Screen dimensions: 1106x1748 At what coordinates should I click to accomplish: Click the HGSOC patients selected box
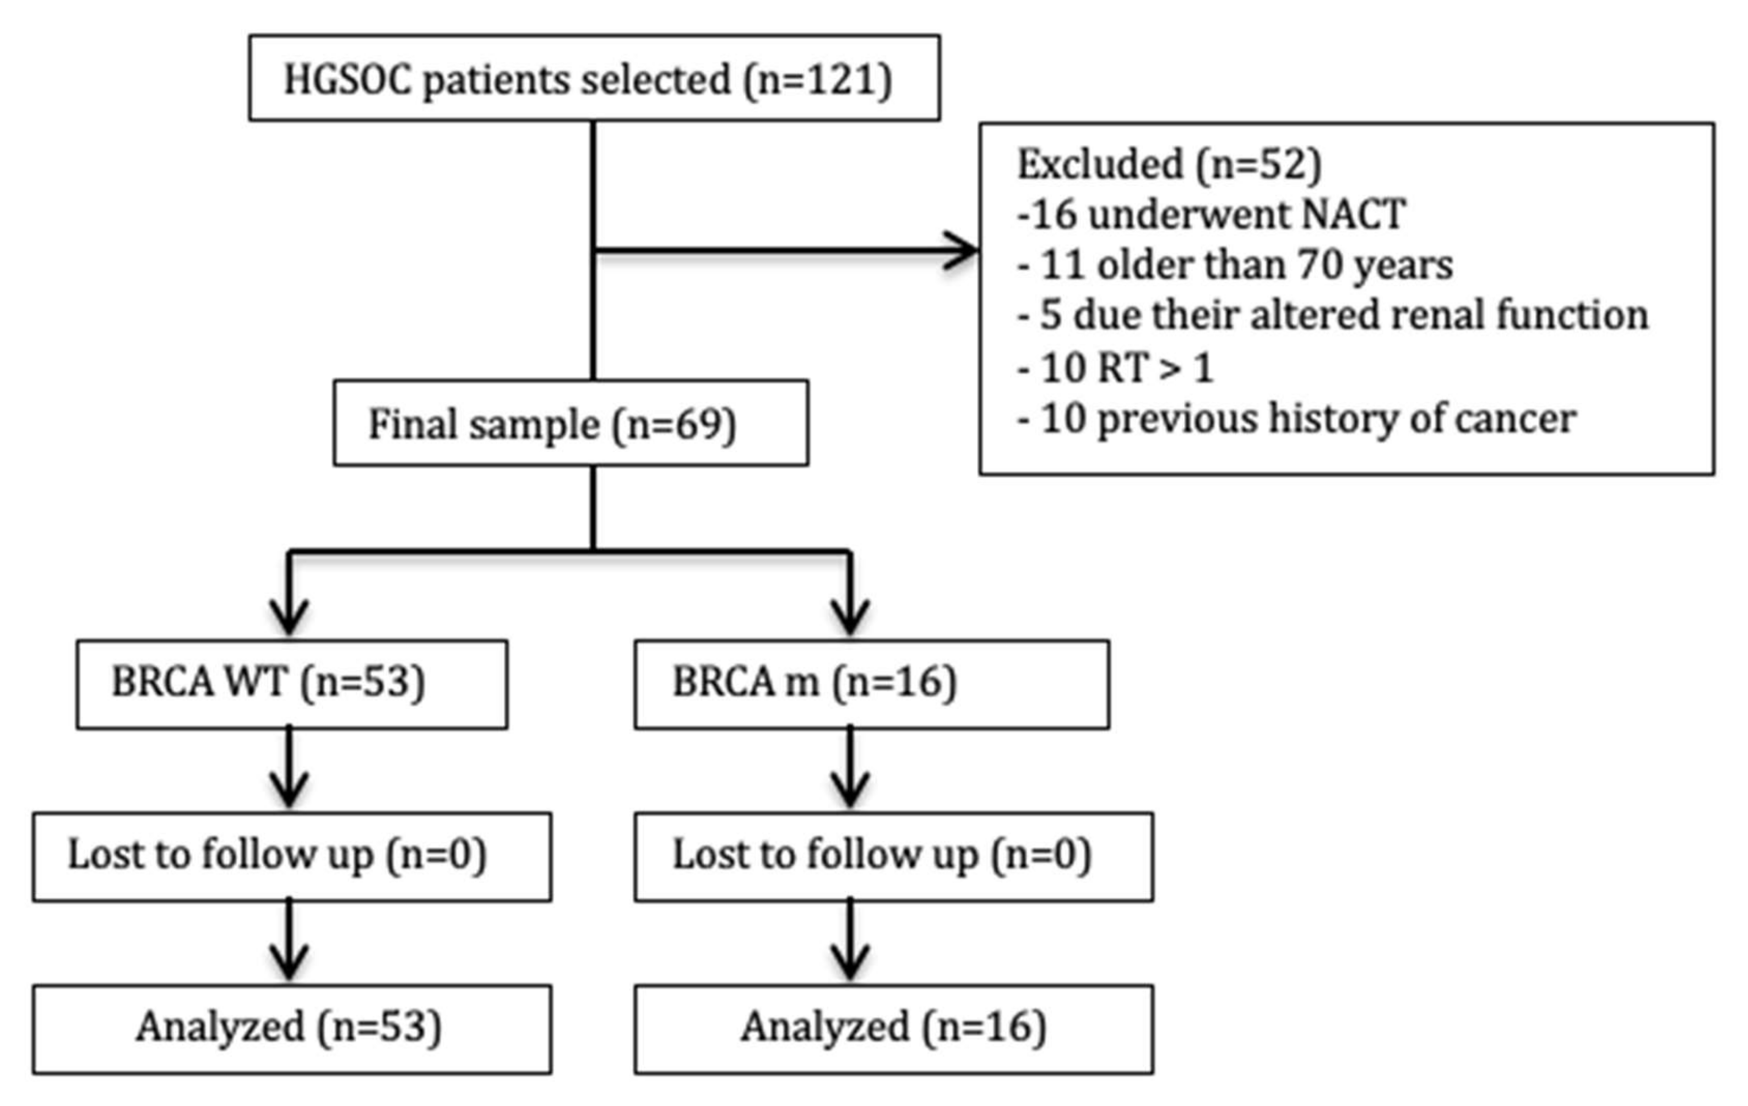pyautogui.click(x=594, y=78)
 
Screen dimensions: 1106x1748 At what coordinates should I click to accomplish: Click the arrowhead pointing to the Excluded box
pyautogui.click(x=962, y=251)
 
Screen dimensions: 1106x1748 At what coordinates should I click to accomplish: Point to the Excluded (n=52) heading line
pyautogui.click(x=1169, y=164)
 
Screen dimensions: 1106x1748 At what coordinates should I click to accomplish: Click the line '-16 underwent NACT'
pyautogui.click(x=1211, y=215)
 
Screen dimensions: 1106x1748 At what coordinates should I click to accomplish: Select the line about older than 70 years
pyautogui.click(x=1235, y=265)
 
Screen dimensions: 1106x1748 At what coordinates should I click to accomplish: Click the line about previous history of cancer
pyautogui.click(x=1296, y=419)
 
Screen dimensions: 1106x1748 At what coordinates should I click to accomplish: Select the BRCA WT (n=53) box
pyautogui.click(x=292, y=684)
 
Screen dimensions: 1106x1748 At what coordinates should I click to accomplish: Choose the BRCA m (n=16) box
pyautogui.click(x=871, y=684)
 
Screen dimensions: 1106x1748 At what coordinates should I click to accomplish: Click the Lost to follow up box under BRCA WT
pyautogui.click(x=292, y=857)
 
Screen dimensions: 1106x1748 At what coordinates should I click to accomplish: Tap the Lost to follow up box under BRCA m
pyautogui.click(x=893, y=857)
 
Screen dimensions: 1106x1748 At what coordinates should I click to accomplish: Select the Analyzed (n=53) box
pyautogui.click(x=292, y=1029)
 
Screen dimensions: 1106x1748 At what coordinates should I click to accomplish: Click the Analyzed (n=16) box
pyautogui.click(x=893, y=1029)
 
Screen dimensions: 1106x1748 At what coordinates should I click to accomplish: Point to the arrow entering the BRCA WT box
pyautogui.click(x=290, y=614)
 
